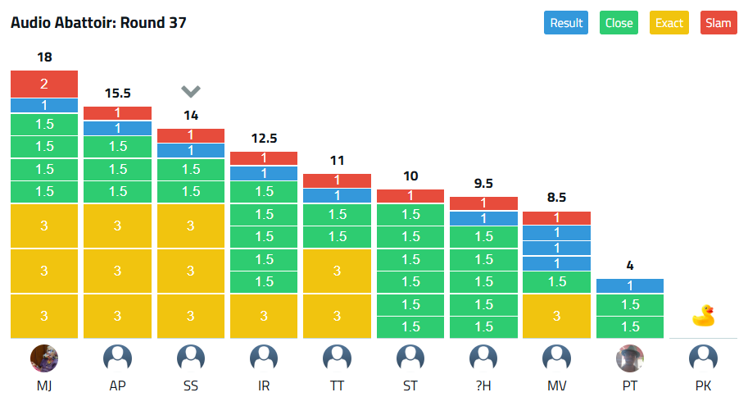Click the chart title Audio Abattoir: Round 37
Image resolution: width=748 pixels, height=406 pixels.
click(98, 23)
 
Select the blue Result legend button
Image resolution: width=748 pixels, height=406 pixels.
click(566, 23)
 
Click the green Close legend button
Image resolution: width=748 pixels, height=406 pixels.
click(619, 23)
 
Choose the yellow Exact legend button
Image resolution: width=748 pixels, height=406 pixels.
click(669, 23)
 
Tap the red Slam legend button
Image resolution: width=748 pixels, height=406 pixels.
click(719, 23)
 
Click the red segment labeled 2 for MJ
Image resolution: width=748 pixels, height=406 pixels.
click(44, 84)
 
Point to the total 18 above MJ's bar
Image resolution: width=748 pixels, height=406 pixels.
click(44, 57)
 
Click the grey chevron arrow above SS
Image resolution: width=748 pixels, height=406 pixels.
click(191, 91)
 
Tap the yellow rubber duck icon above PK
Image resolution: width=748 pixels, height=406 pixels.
click(703, 316)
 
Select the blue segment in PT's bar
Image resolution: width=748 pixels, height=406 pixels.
click(629, 286)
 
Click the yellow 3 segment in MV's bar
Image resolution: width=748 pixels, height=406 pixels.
click(556, 316)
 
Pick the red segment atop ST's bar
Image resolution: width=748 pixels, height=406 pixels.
click(410, 196)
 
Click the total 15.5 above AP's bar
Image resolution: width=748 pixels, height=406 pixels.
click(118, 94)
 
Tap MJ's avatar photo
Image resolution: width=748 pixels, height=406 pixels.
click(44, 358)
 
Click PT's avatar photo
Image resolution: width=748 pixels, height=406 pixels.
click(629, 358)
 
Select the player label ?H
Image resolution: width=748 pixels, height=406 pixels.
click(483, 385)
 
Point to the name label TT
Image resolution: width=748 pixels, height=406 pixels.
click(338, 385)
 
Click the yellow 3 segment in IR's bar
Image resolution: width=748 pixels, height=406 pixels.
click(264, 316)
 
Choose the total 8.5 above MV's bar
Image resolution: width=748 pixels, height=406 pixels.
click(556, 198)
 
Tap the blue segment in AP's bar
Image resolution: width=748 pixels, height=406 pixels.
click(118, 128)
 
